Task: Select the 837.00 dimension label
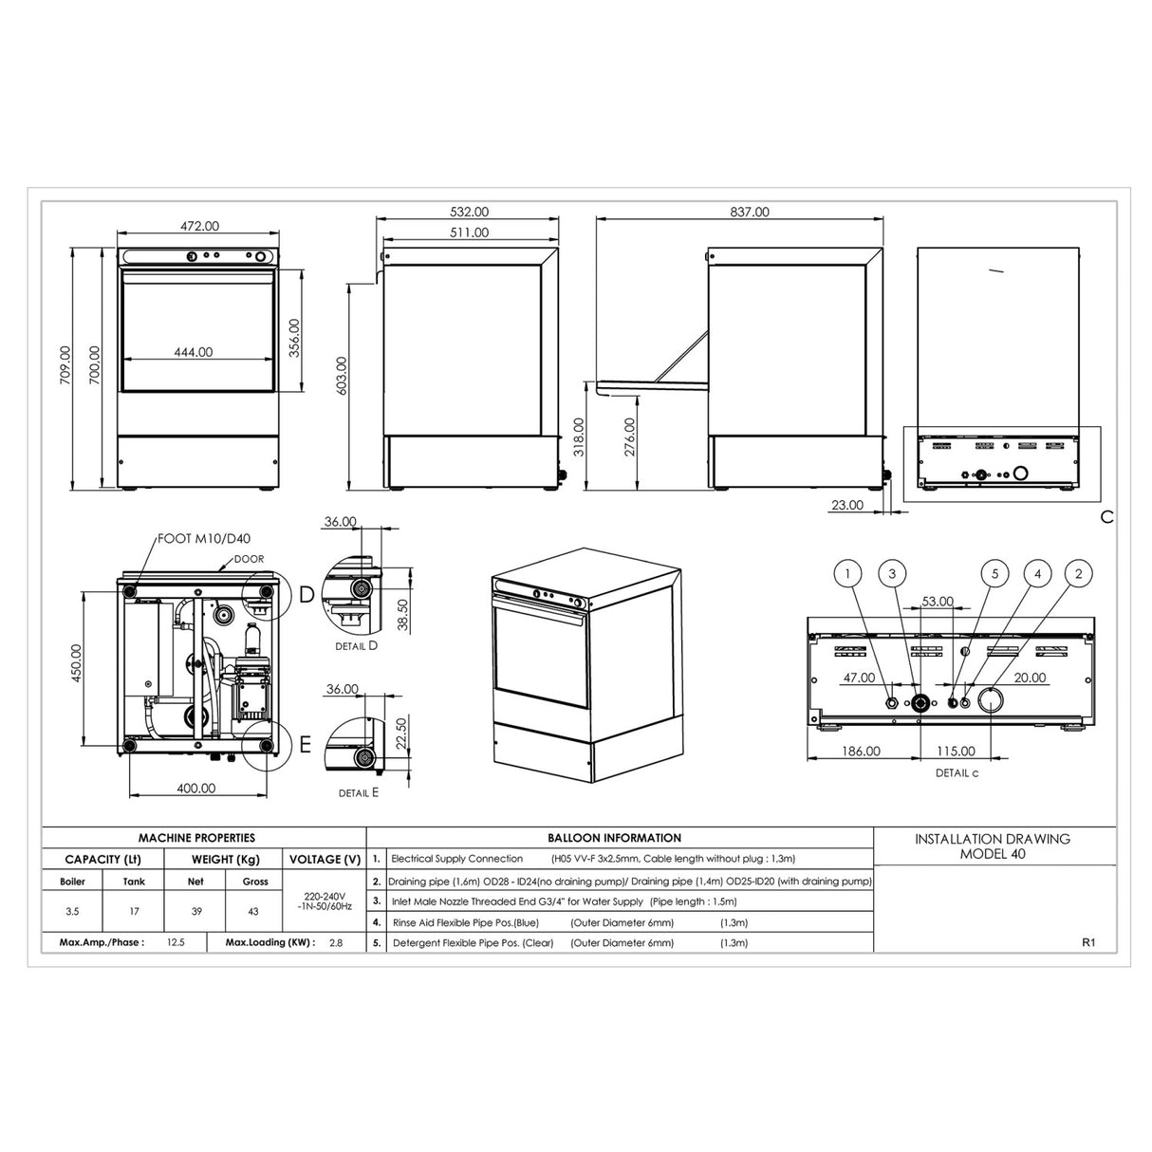(x=750, y=212)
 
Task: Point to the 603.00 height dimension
(x=341, y=375)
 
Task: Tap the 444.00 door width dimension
(x=193, y=352)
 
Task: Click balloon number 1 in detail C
(x=847, y=573)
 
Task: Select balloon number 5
(x=994, y=573)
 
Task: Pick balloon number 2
(x=1078, y=573)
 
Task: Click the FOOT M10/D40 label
(x=197, y=539)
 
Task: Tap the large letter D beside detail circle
(x=306, y=595)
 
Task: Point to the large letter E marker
(x=306, y=745)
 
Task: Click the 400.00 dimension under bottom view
(x=195, y=788)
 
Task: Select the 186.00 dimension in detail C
(x=861, y=751)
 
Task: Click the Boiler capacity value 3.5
(x=73, y=911)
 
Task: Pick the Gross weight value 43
(x=254, y=911)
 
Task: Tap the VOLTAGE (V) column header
(x=325, y=859)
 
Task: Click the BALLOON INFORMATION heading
(x=614, y=838)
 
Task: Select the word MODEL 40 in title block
(x=992, y=853)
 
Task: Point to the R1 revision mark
(x=1088, y=943)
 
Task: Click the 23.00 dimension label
(x=846, y=505)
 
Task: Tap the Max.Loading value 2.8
(x=335, y=943)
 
